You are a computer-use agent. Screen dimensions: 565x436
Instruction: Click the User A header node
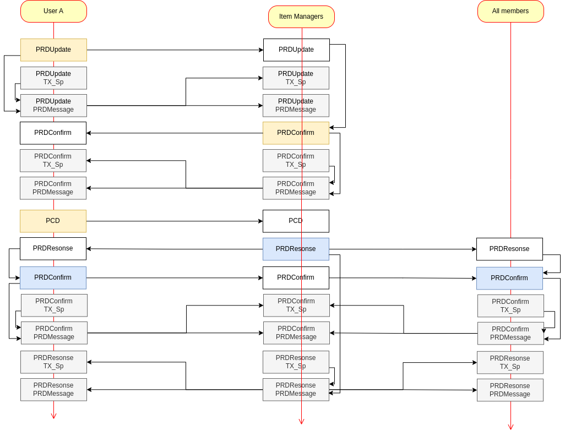pos(53,11)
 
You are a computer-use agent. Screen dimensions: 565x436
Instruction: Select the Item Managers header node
pos(301,17)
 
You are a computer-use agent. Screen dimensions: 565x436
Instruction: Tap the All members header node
pos(510,11)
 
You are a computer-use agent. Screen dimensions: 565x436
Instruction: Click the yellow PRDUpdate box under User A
pos(53,50)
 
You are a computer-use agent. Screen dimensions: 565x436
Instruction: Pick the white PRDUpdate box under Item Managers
pos(296,50)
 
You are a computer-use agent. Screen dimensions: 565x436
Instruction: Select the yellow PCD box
pos(53,221)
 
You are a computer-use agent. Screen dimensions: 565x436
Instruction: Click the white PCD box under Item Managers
pos(296,221)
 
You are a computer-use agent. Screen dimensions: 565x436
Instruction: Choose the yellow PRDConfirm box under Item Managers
pos(296,133)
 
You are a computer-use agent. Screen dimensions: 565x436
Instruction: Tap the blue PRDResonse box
pos(296,249)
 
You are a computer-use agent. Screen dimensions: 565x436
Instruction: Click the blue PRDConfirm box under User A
pos(53,278)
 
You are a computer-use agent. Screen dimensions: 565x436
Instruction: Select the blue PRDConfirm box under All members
pos(509,278)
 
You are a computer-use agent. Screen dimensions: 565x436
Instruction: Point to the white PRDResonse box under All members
pos(509,249)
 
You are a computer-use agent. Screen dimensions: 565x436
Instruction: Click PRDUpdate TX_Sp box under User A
pos(53,78)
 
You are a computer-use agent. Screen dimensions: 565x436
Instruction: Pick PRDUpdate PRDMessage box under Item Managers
pos(296,106)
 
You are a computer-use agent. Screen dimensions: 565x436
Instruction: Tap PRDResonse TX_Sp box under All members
pos(510,362)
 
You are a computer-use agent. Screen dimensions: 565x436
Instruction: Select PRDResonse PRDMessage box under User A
pos(53,390)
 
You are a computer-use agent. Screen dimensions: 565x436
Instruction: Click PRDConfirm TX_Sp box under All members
pos(510,306)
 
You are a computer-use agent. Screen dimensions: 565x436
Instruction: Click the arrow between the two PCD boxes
pos(175,221)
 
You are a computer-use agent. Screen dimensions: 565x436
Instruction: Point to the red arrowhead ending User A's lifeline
pos(53,416)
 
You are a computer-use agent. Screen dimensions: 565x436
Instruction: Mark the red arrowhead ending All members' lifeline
pos(510,427)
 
